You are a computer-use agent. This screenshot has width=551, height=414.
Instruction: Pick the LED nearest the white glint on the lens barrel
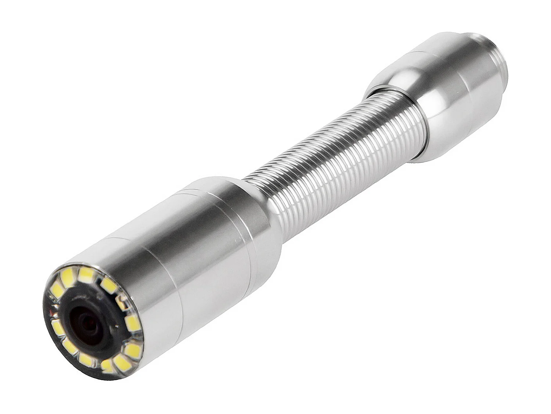tap(132, 323)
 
